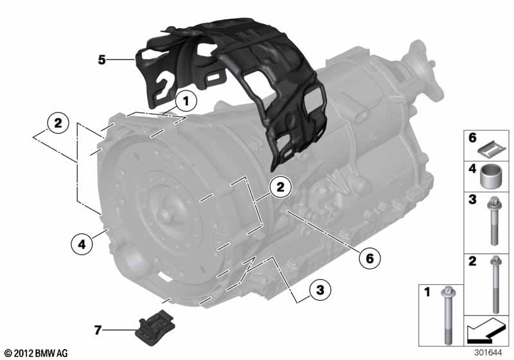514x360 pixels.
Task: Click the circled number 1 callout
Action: pyautogui.click(x=186, y=102)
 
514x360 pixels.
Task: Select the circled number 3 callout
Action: pyautogui.click(x=320, y=290)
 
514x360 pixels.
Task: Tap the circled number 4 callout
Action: pyautogui.click(x=82, y=244)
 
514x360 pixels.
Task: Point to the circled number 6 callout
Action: pyautogui.click(x=369, y=258)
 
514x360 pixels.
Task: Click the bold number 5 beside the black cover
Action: pyautogui.click(x=102, y=60)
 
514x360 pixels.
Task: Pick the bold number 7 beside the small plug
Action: pyautogui.click(x=98, y=330)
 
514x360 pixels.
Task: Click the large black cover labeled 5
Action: pyautogui.click(x=233, y=89)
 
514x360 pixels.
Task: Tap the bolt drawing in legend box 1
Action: pyautogui.click(x=447, y=316)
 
